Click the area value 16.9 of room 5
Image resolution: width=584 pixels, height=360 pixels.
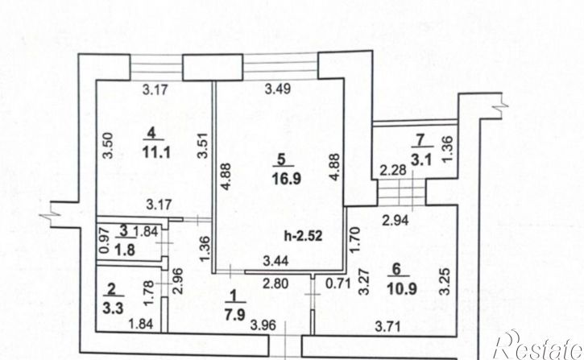tap(286, 179)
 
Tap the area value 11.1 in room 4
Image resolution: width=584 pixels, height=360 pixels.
tap(156, 152)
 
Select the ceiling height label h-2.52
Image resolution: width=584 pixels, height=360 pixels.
tap(303, 236)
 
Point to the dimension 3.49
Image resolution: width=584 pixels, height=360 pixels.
tap(277, 89)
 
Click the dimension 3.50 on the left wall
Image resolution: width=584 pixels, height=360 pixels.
tap(108, 146)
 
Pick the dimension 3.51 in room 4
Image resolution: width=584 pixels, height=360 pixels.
tap(203, 146)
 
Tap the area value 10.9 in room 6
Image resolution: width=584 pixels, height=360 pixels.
tap(401, 288)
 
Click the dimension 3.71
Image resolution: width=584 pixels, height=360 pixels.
tap(387, 327)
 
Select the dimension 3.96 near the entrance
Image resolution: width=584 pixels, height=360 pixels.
tap(263, 325)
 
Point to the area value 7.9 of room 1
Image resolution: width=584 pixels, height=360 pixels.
tap(235, 315)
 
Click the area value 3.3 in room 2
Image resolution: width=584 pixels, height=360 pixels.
tap(113, 308)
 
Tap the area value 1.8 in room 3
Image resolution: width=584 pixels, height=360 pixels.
tap(125, 250)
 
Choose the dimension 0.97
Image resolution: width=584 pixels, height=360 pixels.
tap(105, 240)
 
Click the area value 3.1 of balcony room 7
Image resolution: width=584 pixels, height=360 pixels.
tap(421, 159)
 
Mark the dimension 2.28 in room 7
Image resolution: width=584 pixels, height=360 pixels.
tap(393, 171)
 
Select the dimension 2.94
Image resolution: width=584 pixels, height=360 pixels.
tap(396, 221)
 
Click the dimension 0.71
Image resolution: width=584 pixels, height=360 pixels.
tap(338, 283)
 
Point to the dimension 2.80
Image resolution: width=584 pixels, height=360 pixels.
tap(275, 283)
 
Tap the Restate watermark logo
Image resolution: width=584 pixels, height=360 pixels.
tap(538, 346)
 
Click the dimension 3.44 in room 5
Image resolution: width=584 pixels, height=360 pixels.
tap(275, 261)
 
